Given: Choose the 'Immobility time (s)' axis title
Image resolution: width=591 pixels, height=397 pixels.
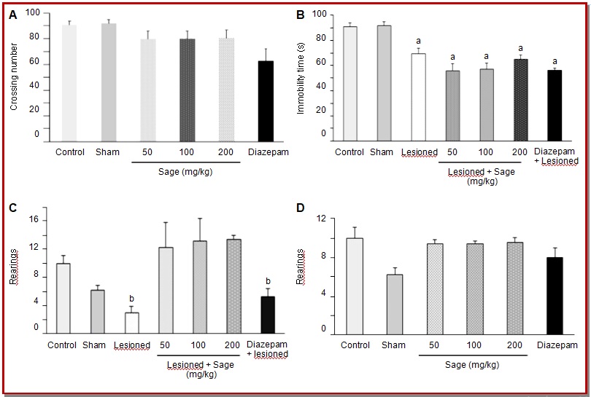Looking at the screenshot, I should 301,79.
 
